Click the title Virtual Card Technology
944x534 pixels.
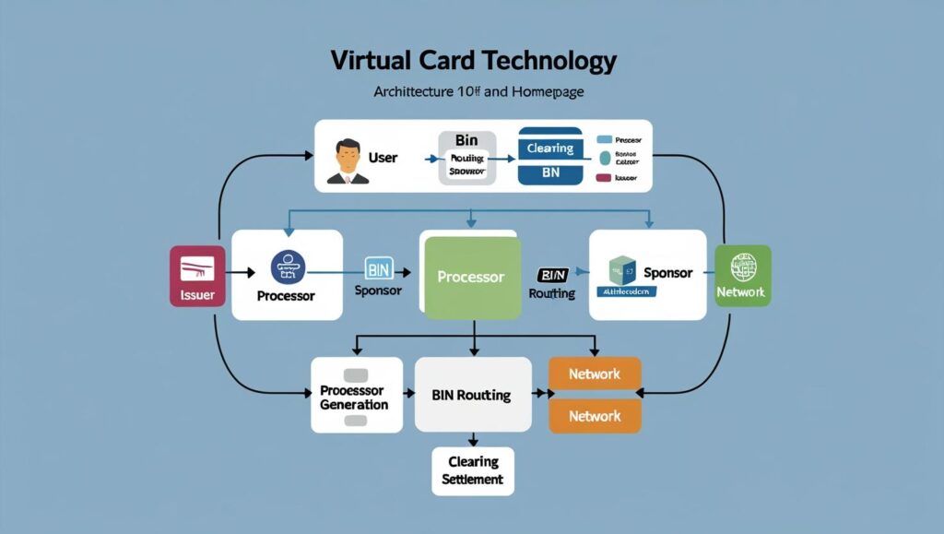[x=473, y=62]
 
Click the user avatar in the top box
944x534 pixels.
[x=348, y=160]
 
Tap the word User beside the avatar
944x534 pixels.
[x=383, y=158]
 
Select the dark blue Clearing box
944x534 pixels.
[x=550, y=148]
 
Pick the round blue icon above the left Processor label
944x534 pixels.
[x=287, y=267]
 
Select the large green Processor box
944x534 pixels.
[x=470, y=277]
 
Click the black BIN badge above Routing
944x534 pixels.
[x=551, y=275]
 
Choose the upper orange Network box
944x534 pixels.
[x=595, y=374]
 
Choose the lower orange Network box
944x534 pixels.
[x=595, y=416]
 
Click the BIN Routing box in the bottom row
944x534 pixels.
[x=471, y=395]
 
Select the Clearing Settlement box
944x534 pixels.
[x=473, y=470]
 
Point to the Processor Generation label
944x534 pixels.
[x=354, y=398]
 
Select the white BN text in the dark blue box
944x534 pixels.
[x=550, y=172]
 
